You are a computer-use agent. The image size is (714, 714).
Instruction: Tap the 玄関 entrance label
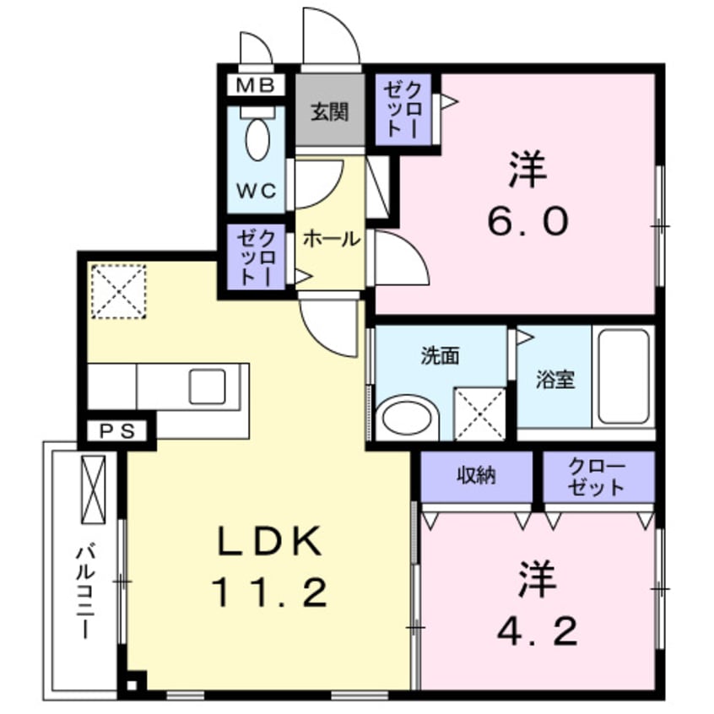tap(328, 111)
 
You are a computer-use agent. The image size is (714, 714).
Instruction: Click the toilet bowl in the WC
tap(257, 138)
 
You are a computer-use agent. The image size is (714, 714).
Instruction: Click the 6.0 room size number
tap(527, 221)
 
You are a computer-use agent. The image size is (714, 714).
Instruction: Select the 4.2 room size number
tap(538, 630)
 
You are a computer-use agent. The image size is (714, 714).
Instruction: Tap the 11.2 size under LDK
tap(268, 594)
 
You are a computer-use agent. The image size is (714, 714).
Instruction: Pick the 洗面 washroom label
tap(440, 356)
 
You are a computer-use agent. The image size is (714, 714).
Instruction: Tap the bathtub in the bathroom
tap(624, 376)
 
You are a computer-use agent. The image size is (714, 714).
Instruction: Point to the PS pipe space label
tap(117, 431)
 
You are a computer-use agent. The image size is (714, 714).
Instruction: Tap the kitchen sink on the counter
tap(207, 387)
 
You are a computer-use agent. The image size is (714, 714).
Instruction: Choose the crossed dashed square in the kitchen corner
tap(118, 292)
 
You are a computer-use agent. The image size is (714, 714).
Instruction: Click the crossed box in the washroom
tap(479, 414)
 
